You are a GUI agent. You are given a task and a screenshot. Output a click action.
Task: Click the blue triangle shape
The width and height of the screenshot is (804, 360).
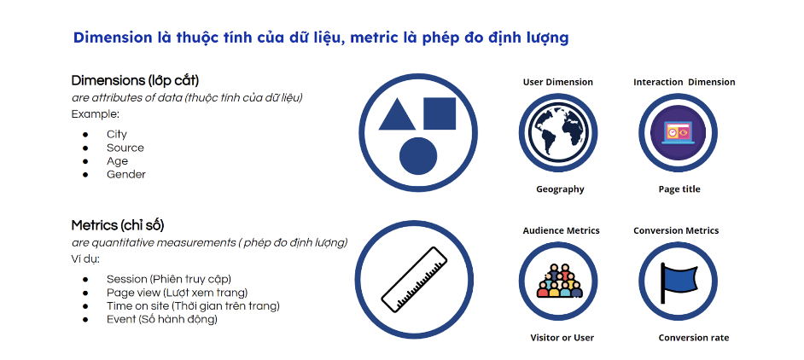point(397,115)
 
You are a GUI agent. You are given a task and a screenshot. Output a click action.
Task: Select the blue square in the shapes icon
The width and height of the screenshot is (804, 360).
point(440,113)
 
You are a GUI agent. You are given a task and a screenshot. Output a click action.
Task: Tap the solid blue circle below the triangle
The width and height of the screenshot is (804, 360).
point(418,156)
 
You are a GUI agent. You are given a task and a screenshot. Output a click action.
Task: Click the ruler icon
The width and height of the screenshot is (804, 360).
point(414,280)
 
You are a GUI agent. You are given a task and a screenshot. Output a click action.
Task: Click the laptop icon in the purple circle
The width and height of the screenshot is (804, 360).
point(678,132)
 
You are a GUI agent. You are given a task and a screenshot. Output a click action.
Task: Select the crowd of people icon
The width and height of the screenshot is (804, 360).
point(559,281)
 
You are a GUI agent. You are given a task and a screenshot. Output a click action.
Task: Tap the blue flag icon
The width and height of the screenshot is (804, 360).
point(678,282)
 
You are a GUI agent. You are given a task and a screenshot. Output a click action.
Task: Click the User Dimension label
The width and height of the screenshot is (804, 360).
point(558,82)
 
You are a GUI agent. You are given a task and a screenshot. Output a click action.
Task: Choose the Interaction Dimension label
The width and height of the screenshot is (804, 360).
point(684,82)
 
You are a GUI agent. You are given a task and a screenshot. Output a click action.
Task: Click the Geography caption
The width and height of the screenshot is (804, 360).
point(560,189)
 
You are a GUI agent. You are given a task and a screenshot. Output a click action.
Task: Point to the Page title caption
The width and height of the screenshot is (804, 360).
point(679,189)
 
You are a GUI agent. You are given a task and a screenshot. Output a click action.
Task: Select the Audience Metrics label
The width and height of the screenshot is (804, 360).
point(561,231)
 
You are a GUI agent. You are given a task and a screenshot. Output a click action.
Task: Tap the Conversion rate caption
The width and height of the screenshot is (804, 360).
point(694,338)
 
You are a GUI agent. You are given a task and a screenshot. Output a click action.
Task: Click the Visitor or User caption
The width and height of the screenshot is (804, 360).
point(562,338)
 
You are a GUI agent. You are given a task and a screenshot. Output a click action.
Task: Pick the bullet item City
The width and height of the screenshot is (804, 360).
point(117,135)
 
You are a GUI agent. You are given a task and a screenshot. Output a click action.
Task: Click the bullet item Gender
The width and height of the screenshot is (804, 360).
point(126,174)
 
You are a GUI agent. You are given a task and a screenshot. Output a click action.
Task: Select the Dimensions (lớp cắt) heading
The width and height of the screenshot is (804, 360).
point(135,81)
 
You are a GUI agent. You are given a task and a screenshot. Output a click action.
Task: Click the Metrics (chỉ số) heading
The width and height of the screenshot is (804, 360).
point(118,226)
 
